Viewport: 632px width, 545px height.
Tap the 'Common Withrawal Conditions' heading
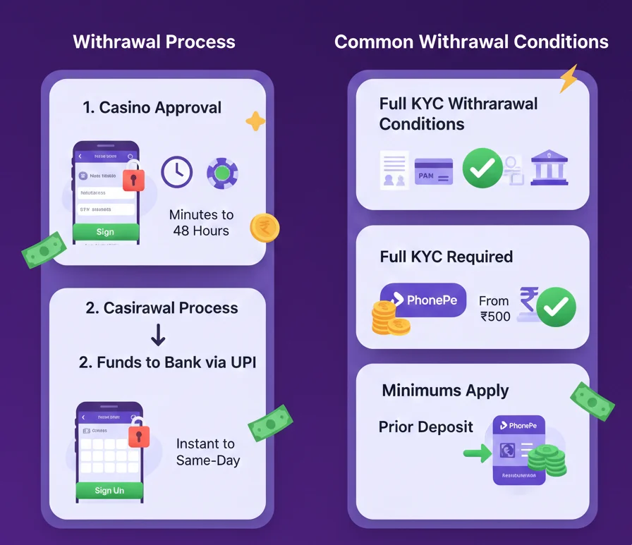pyautogui.click(x=471, y=42)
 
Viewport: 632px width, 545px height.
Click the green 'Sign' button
pyautogui.click(x=106, y=232)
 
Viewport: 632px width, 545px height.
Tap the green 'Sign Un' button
pyautogui.click(x=109, y=490)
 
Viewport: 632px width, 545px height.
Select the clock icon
pyautogui.click(x=176, y=171)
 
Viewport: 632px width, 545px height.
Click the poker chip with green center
pyautogui.click(x=222, y=173)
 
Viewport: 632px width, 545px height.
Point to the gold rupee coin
pyautogui.click(x=265, y=228)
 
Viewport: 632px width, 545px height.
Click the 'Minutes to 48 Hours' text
pyautogui.click(x=202, y=222)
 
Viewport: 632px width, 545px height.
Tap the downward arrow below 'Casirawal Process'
pyautogui.click(x=159, y=334)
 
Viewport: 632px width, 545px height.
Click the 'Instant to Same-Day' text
pyautogui.click(x=208, y=452)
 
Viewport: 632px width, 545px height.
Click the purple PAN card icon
pyautogui.click(x=434, y=171)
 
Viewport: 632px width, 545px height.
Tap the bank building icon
pyautogui.click(x=549, y=167)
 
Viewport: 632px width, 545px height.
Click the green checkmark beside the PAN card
pyautogui.click(x=482, y=168)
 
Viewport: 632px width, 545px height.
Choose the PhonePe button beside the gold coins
pyautogui.click(x=423, y=300)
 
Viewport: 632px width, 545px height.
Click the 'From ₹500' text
pyautogui.click(x=494, y=308)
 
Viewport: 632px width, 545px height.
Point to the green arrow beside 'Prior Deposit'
pyautogui.click(x=477, y=453)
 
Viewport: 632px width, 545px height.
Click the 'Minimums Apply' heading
pyautogui.click(x=445, y=391)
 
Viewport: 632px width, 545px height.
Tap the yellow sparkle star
pyautogui.click(x=255, y=122)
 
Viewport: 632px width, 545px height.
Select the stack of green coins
pyautogui.click(x=547, y=461)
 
